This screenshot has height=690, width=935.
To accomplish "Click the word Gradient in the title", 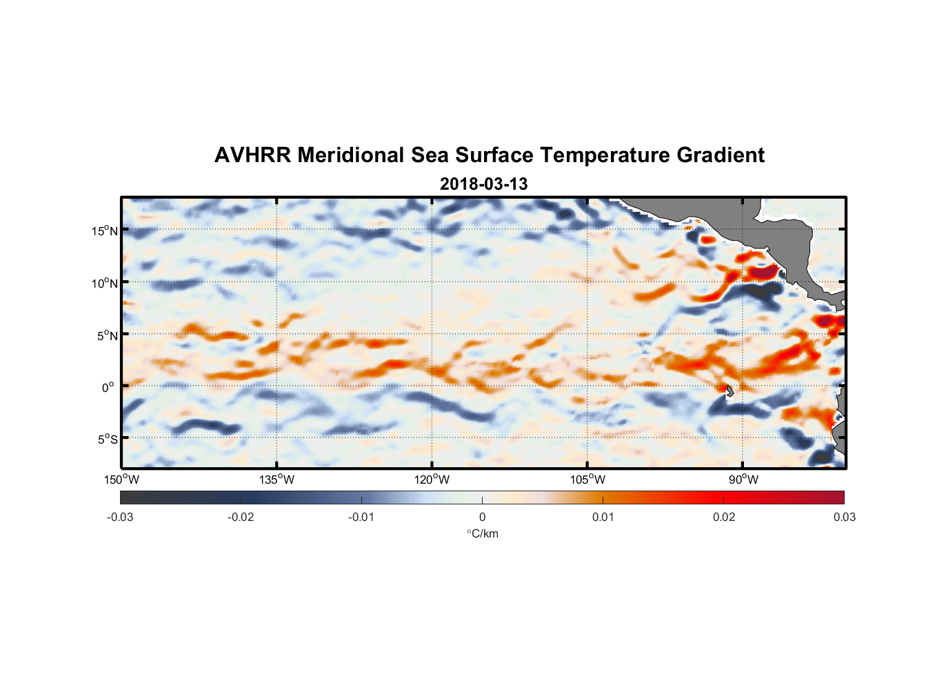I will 721,155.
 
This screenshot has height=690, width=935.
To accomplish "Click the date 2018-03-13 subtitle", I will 483,184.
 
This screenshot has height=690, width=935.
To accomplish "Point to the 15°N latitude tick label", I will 104,230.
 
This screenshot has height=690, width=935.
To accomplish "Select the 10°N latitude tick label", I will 104,283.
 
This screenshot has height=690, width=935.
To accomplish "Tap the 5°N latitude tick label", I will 106,335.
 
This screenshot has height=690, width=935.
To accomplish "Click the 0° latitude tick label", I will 108,387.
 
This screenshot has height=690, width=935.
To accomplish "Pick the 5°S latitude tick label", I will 106,439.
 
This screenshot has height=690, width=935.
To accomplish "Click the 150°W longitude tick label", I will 121,480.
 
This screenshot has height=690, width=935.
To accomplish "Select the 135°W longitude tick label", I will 277,480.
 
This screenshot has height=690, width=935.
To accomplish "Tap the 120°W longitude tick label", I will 432,480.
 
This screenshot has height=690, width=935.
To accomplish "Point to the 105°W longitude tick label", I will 587,480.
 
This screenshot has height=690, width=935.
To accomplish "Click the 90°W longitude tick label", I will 743,480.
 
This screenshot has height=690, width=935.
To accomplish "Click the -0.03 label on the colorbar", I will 120,517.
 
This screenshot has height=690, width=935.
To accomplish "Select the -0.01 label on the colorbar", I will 361,517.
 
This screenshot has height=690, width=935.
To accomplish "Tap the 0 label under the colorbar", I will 482,517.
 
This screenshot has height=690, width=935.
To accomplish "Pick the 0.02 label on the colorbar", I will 724,517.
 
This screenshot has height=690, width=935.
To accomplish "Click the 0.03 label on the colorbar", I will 844,517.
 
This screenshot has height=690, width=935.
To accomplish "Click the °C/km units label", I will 482,533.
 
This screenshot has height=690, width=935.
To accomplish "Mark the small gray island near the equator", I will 730,391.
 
